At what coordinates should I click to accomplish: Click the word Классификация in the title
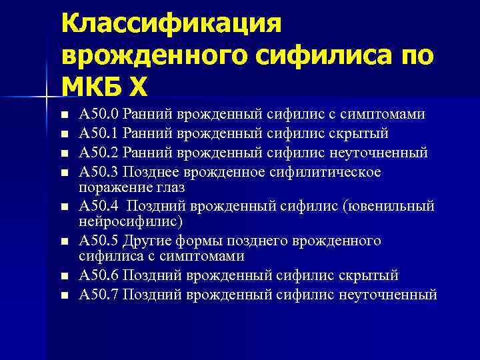172,25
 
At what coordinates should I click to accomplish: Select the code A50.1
97,133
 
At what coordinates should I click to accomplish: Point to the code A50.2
97,153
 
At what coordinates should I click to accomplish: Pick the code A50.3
97,172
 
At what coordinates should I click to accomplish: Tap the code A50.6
97,275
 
